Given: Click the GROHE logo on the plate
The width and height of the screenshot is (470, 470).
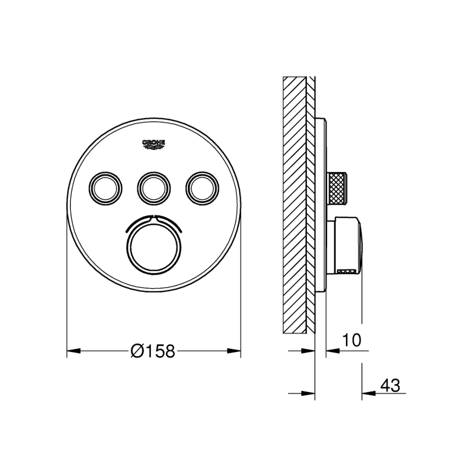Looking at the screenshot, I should point(154,143).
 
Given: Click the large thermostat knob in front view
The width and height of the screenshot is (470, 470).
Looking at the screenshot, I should point(154,245).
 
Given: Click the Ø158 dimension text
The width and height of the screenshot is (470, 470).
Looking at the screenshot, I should point(153,351).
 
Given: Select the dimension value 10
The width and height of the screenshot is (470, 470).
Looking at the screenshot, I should point(352,340).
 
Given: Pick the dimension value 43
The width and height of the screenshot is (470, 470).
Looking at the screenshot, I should point(390,386).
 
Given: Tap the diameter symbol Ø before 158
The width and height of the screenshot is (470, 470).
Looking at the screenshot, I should point(137,351).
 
